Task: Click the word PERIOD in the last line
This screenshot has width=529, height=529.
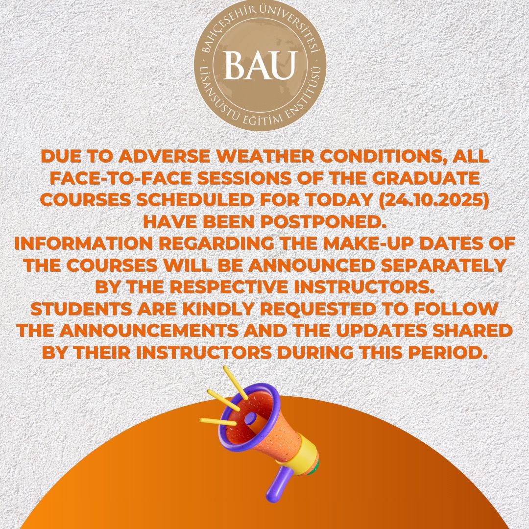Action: (446, 353)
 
